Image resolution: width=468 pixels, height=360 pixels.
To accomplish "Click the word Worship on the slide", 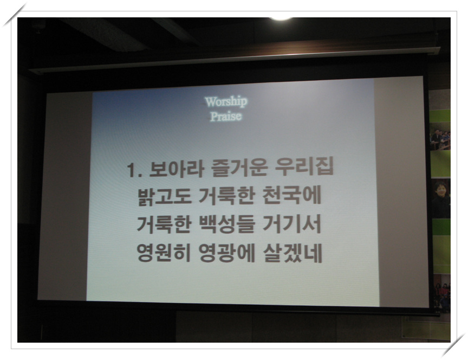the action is (226, 101).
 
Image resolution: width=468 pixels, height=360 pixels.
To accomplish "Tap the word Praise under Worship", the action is (226, 116).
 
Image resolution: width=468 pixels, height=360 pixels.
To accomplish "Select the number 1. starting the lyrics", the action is (135, 170).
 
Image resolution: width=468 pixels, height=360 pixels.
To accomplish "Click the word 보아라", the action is (177, 169).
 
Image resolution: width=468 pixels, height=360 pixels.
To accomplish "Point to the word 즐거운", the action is (239, 168).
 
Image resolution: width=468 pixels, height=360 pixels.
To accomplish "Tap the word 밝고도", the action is (164, 197).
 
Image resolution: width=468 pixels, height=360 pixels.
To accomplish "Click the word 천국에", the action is (291, 195).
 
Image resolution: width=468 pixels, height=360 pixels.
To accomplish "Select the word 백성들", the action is (227, 224).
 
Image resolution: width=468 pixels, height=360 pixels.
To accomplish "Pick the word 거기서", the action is (292, 223).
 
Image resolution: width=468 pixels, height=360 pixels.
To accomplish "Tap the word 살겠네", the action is (293, 253).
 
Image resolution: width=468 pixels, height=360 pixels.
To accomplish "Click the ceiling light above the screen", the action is (281, 19).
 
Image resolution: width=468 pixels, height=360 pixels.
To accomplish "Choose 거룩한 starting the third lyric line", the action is (164, 224).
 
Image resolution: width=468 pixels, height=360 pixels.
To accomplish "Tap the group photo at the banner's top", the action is (440, 139).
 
